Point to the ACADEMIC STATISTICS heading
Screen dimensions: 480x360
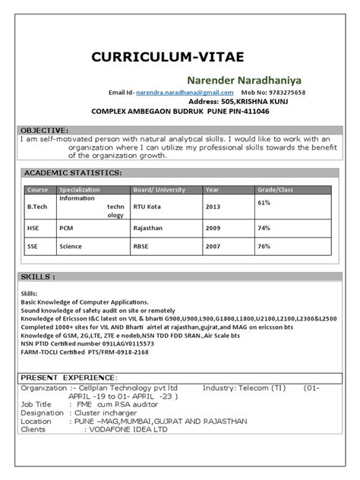73,173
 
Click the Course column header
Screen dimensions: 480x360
37,190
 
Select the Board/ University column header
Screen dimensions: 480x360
159,190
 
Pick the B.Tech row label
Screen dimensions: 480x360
38,206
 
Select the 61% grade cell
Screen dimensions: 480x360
264,203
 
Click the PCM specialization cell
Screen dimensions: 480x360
66,227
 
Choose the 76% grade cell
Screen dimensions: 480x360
264,246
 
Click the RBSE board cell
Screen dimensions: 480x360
143,247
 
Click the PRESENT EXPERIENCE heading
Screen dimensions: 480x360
69,377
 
